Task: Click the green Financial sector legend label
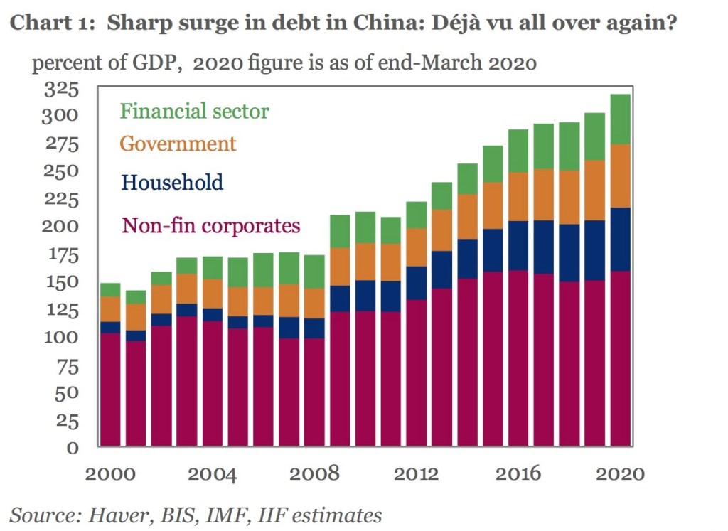click(194, 112)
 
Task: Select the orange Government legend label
click(178, 144)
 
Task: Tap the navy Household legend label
click(172, 182)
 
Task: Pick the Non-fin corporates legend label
click(211, 226)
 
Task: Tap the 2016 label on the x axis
click(519, 474)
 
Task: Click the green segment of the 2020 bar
click(621, 119)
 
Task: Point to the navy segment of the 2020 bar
click(621, 239)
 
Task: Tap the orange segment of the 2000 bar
click(110, 309)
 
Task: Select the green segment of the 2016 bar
click(518, 151)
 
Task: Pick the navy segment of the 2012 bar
click(416, 283)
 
